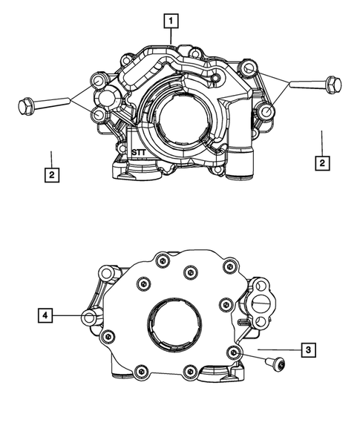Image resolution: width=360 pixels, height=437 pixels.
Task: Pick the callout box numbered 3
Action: [306, 349]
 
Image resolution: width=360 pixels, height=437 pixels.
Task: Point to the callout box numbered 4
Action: [46, 316]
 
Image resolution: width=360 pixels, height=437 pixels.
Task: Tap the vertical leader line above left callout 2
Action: [50, 157]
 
